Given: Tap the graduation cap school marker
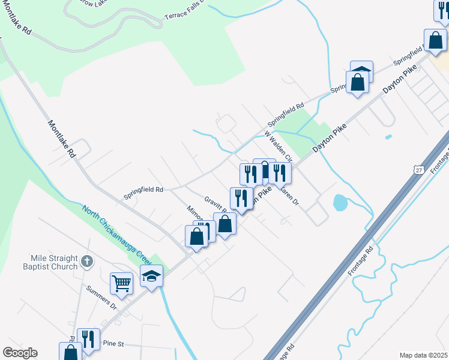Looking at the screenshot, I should coord(152,276).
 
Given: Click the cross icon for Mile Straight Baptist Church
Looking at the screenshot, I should coord(87,261).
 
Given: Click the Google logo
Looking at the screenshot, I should coord(20,353).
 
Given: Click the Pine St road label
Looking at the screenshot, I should coord(113,344).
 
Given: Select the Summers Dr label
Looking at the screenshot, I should coord(101,298).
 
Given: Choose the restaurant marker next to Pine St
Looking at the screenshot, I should coord(88,339).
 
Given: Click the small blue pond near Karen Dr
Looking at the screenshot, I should coord(340,203).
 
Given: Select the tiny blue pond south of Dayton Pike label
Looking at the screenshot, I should coord(388,137).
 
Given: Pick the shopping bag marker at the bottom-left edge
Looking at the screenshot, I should coord(70,352).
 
